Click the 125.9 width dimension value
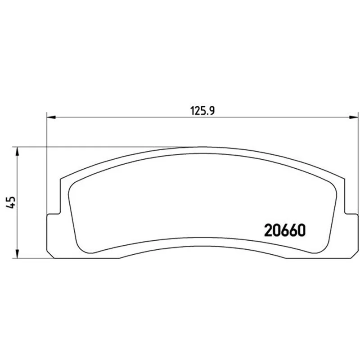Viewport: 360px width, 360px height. click(202, 111)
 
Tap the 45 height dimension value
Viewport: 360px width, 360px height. click(10, 202)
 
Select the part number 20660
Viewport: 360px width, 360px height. click(285, 230)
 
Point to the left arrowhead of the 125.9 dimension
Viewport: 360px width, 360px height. click(51, 117)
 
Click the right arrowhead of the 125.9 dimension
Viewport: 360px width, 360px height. click(354, 117)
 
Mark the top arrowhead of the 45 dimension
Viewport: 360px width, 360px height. click(17, 151)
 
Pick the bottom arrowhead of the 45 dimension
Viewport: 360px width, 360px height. click(17, 254)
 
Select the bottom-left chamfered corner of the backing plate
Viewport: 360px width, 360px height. click(50, 254)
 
